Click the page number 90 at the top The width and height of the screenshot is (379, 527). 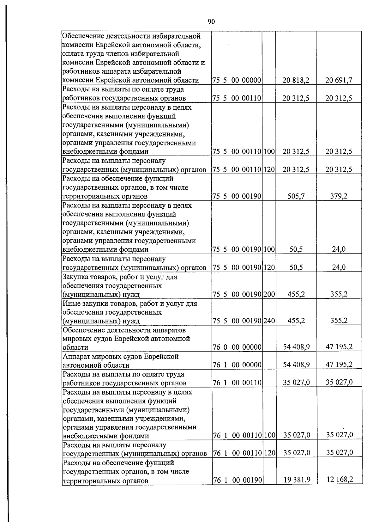[x=211, y=21]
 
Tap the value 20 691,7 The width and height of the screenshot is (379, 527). [x=339, y=80]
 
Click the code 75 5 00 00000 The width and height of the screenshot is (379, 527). [x=237, y=80]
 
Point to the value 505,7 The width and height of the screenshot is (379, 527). [x=296, y=196]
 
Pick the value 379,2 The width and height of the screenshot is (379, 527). [x=339, y=196]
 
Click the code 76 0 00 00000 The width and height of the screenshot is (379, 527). [x=237, y=347]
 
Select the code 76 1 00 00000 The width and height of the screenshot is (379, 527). [x=237, y=365]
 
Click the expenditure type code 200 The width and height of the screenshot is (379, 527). [x=269, y=295]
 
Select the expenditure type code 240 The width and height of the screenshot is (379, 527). [x=269, y=321]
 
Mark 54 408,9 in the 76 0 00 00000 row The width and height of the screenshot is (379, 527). [x=296, y=347]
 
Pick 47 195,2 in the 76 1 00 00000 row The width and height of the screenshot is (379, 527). [x=339, y=365]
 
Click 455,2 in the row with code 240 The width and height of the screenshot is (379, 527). [x=296, y=321]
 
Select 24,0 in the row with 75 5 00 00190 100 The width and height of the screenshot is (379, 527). [x=339, y=249]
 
